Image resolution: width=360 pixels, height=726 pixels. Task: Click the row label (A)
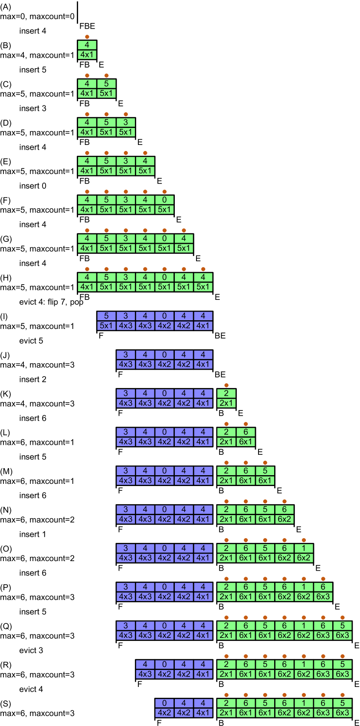click(6, 7)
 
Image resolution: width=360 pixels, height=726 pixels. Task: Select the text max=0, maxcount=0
click(37, 16)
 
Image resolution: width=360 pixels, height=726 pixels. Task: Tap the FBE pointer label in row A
click(87, 26)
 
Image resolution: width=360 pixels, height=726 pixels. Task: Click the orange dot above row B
click(87, 37)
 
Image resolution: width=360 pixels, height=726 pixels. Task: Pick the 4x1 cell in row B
click(87, 55)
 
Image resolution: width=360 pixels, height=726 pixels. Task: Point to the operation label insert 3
click(33, 108)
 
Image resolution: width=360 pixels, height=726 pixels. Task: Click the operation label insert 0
click(33, 186)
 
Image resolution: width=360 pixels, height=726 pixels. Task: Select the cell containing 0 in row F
click(164, 200)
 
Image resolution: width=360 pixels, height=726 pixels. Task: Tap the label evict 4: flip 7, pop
click(51, 302)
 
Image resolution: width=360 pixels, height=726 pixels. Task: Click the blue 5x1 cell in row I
click(106, 325)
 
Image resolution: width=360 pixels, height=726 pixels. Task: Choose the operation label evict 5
click(31, 341)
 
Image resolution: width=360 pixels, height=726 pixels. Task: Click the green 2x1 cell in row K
click(226, 403)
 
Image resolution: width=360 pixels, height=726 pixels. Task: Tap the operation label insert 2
click(33, 379)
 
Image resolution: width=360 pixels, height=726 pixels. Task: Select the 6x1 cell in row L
click(245, 442)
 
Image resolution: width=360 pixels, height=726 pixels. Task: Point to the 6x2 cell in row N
click(285, 519)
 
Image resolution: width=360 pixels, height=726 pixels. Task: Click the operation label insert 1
click(33, 534)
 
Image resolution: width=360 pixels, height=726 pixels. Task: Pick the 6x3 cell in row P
click(323, 597)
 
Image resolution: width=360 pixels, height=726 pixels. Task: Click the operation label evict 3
click(31, 650)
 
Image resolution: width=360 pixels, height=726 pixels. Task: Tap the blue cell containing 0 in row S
click(164, 703)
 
